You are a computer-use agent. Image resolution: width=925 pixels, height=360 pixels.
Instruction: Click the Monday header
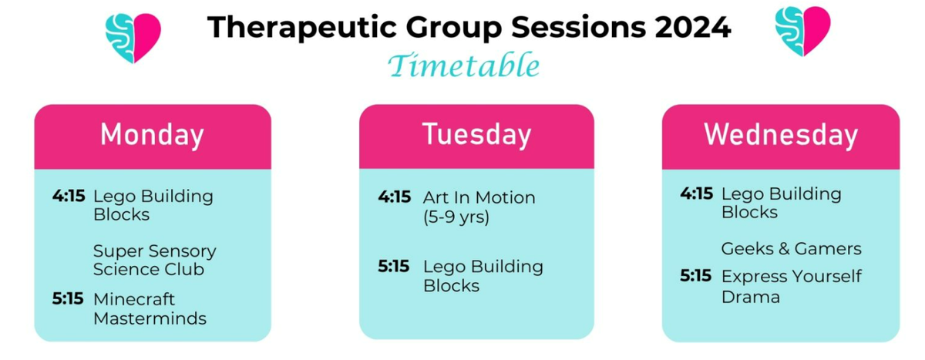(x=153, y=135)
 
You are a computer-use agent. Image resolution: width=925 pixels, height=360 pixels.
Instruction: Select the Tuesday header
(x=476, y=135)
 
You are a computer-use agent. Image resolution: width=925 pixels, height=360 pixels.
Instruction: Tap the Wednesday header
(x=781, y=135)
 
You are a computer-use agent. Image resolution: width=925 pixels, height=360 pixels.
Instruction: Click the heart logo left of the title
(x=133, y=38)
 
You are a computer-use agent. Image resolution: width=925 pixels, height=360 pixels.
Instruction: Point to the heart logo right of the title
(x=802, y=32)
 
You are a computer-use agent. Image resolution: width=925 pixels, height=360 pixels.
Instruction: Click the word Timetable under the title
(x=464, y=66)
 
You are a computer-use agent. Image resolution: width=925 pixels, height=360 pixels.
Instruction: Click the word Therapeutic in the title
(x=302, y=28)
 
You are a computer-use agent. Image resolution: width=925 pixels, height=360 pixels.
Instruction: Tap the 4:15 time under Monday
(x=69, y=196)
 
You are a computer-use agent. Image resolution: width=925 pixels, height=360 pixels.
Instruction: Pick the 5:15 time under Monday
(x=68, y=298)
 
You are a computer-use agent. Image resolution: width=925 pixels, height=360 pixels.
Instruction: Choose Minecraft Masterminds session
(x=150, y=309)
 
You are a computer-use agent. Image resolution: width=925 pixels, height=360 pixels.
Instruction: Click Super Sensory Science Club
(x=154, y=260)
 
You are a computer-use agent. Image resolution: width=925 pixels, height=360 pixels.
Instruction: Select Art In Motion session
(x=479, y=198)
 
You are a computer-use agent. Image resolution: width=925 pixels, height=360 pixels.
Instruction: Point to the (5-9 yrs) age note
(x=456, y=217)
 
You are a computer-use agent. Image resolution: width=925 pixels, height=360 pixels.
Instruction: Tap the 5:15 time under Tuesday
(x=394, y=266)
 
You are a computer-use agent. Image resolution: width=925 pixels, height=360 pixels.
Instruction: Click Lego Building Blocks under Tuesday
(x=483, y=276)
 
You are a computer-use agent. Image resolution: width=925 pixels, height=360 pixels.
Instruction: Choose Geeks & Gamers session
(x=791, y=249)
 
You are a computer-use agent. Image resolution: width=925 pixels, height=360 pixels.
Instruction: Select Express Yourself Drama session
(x=792, y=287)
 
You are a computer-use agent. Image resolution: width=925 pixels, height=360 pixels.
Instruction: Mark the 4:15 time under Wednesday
(x=697, y=193)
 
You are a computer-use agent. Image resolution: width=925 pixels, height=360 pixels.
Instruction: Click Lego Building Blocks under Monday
(x=153, y=205)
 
